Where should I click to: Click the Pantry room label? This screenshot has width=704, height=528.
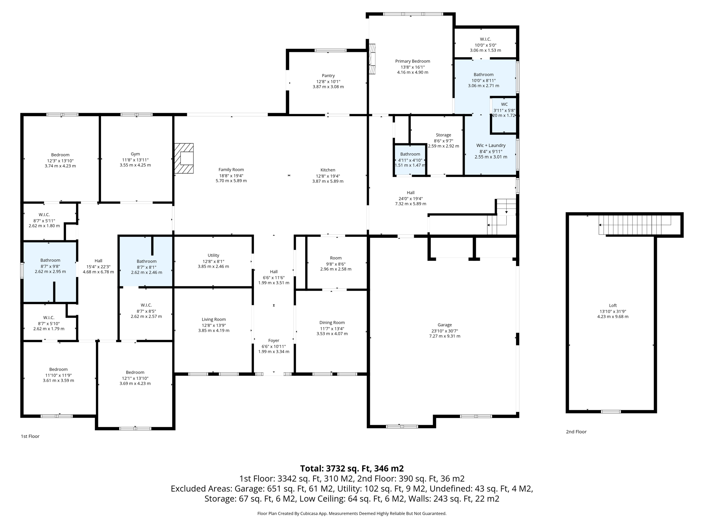pyautogui.click(x=328, y=76)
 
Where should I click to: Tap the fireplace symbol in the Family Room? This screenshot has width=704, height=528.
pyautogui.click(x=184, y=158)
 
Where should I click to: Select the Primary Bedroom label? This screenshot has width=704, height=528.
pyautogui.click(x=412, y=61)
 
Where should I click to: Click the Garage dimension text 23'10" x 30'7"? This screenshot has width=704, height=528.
pyautogui.click(x=444, y=331)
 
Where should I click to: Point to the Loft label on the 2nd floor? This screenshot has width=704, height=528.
pyautogui.click(x=613, y=305)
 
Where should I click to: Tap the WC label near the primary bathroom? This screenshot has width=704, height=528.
pyautogui.click(x=504, y=104)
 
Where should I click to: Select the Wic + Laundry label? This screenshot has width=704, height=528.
pyautogui.click(x=491, y=145)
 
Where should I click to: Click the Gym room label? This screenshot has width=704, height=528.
pyautogui.click(x=135, y=154)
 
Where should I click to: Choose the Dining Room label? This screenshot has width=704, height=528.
pyautogui.click(x=332, y=322)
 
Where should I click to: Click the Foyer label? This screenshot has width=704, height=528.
pyautogui.click(x=274, y=341)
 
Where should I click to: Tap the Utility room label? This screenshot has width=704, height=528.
pyautogui.click(x=213, y=255)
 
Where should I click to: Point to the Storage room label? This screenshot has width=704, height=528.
pyautogui.click(x=443, y=135)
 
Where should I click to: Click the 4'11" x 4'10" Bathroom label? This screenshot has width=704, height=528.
pyautogui.click(x=410, y=154)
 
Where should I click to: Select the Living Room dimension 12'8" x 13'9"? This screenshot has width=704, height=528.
pyautogui.click(x=213, y=325)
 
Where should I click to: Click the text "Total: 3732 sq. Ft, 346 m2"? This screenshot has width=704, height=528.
pyautogui.click(x=352, y=469)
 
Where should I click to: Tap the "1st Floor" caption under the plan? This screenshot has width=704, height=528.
pyautogui.click(x=30, y=436)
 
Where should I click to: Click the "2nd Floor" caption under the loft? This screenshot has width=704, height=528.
pyautogui.click(x=576, y=432)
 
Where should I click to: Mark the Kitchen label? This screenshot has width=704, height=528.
pyautogui.click(x=328, y=170)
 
